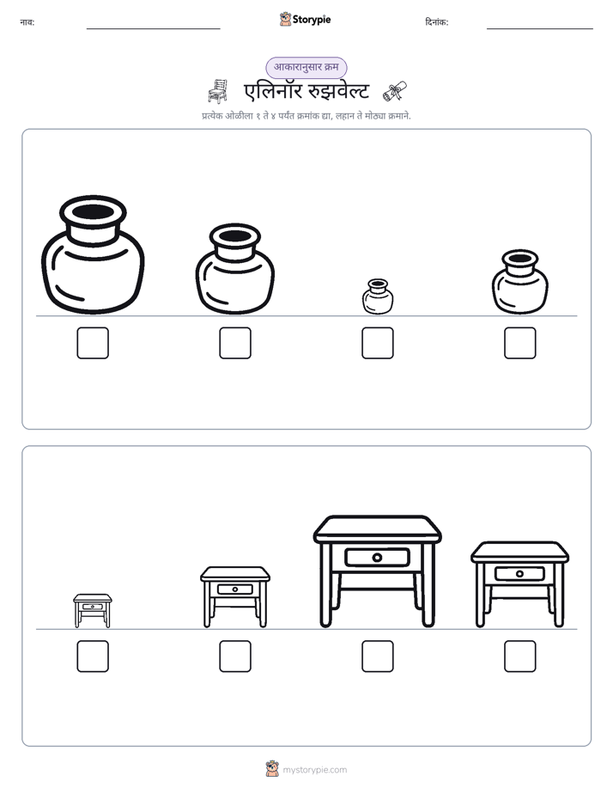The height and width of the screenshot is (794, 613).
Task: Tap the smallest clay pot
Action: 378,296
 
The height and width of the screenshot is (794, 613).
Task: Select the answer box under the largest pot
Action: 93,343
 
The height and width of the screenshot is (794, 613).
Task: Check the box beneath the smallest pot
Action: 378,343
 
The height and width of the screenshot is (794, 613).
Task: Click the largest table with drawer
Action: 377,571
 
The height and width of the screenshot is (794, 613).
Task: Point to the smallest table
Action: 93,611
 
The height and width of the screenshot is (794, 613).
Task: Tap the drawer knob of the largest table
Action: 377,558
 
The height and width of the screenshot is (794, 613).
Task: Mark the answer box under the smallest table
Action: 93,657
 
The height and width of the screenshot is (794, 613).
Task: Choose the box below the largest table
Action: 378,657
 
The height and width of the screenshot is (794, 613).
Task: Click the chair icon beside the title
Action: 217,91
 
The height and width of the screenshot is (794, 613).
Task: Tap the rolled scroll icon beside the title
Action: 395,91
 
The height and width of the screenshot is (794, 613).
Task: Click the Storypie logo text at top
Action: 312,20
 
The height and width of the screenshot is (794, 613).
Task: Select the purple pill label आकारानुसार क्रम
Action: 306,67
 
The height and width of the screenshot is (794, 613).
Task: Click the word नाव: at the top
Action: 27,22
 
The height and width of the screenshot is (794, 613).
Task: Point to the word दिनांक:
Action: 437,22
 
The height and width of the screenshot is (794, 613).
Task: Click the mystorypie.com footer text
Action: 314,770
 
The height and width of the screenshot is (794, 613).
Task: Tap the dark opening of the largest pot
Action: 93,211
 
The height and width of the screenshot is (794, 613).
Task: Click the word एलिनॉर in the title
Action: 273,91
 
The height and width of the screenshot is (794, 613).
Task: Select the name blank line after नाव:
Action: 153,29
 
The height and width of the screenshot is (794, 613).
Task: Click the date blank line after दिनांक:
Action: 540,29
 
